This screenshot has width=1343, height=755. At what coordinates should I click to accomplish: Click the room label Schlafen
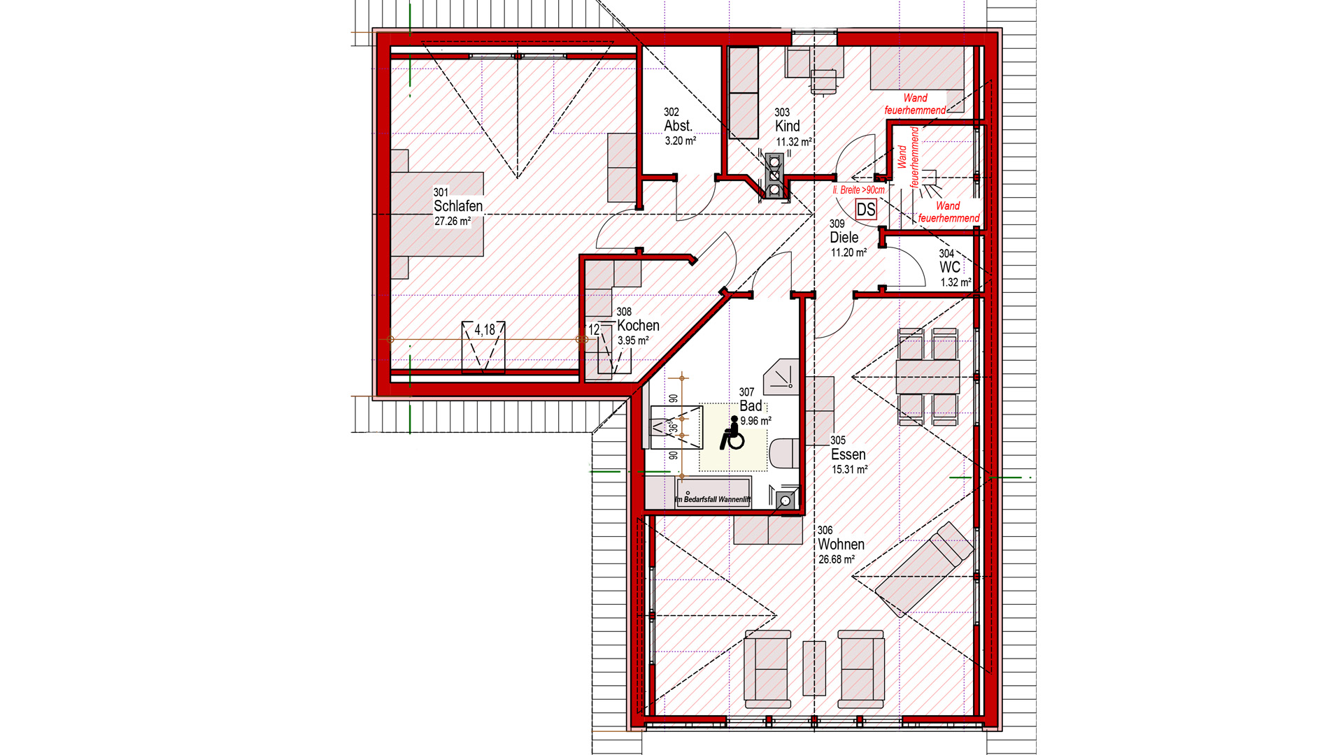(457, 206)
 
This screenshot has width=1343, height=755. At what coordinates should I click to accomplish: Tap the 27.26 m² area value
(453, 222)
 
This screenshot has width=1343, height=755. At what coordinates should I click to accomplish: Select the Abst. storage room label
(678, 126)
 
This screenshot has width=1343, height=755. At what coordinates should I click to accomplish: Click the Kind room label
(787, 127)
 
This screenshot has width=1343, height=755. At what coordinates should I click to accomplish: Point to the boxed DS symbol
(866, 210)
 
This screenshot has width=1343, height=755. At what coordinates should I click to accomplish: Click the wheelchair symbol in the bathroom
(732, 433)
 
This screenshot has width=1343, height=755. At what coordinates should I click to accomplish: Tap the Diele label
(844, 238)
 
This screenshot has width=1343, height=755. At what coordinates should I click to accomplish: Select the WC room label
(949, 268)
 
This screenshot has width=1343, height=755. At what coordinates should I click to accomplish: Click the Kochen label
(638, 326)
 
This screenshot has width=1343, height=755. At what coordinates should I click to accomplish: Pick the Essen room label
(848, 455)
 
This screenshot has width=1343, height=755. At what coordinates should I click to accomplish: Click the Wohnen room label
(841, 545)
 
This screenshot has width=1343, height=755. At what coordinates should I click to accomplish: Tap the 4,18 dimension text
(484, 330)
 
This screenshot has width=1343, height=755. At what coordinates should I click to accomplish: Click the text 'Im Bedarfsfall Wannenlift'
(713, 500)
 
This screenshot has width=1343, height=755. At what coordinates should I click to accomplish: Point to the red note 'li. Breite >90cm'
(858, 190)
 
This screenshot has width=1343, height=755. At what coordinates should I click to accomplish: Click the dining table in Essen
(928, 377)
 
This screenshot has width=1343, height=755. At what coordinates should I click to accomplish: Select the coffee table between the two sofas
(813, 668)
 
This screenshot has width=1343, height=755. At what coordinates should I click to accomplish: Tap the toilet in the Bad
(785, 453)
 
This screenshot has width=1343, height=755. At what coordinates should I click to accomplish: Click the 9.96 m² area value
(755, 422)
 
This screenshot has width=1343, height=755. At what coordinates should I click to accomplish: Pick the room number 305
(838, 440)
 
